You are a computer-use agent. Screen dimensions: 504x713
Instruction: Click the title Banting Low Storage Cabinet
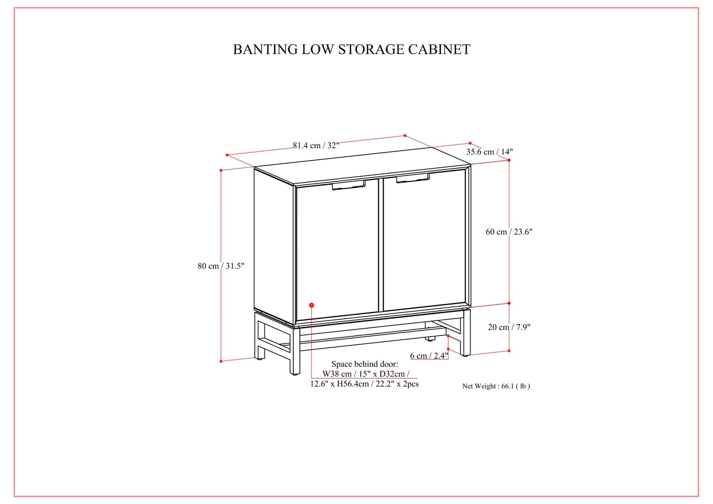point(351,49)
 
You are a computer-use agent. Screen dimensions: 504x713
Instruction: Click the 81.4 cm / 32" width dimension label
point(316,145)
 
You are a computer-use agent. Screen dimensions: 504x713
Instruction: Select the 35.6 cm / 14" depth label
point(489,152)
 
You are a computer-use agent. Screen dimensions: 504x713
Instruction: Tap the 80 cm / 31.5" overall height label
point(221,266)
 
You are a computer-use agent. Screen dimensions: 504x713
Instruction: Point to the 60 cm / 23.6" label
point(509,232)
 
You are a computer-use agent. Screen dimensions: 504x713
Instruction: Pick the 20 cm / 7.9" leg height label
point(509,327)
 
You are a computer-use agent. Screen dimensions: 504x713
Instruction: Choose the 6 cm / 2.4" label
point(429,355)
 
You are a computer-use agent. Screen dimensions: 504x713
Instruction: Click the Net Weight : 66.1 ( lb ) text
point(496,386)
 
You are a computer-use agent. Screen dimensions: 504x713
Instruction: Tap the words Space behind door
point(365,364)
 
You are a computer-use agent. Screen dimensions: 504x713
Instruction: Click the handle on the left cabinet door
point(348,186)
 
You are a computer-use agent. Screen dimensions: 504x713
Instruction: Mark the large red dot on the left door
point(311,305)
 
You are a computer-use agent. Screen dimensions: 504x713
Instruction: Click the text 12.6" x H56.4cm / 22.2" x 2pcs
point(365,384)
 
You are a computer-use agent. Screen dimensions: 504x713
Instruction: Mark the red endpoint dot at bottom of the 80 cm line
point(221,361)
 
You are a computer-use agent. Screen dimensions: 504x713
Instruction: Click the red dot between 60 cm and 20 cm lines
point(509,303)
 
